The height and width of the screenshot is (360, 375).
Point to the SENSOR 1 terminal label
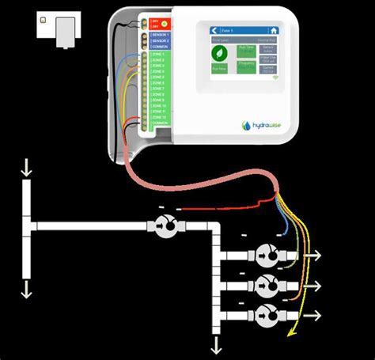pyautogui.click(x=161, y=36)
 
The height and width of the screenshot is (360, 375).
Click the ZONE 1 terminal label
pyautogui.click(x=159, y=54)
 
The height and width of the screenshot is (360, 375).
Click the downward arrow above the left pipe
pyautogui.click(x=26, y=168)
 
